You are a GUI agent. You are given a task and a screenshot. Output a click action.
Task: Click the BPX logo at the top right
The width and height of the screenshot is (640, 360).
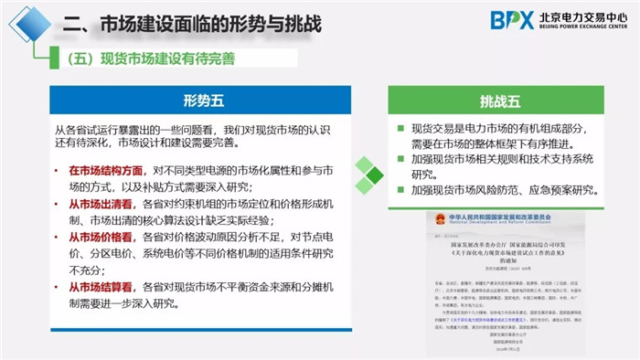point(511,19)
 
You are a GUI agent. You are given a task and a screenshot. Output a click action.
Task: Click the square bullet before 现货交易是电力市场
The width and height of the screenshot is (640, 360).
point(400,129)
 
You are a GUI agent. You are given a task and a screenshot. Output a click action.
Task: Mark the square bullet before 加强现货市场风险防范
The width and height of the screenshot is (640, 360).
point(400,190)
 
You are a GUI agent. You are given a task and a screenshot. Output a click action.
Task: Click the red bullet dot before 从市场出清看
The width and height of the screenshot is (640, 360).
point(59,204)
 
